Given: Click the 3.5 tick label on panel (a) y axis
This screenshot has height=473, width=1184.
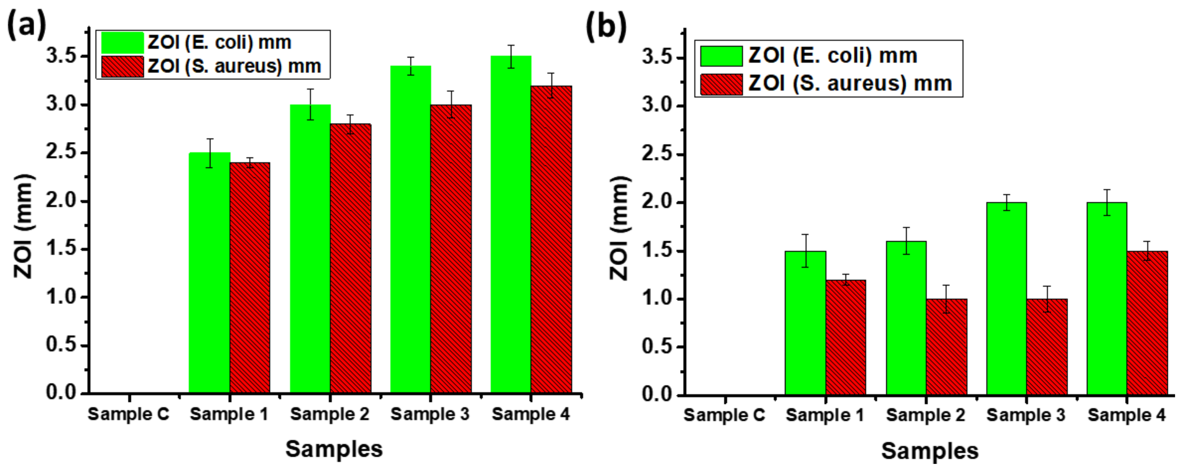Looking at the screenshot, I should pos(61,56).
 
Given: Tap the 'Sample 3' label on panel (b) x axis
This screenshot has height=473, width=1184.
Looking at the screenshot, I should pos(1025,415).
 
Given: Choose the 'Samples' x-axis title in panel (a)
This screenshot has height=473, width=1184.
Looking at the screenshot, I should pos(334,449).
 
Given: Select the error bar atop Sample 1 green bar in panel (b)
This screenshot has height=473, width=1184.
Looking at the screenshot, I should pos(805,251).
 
